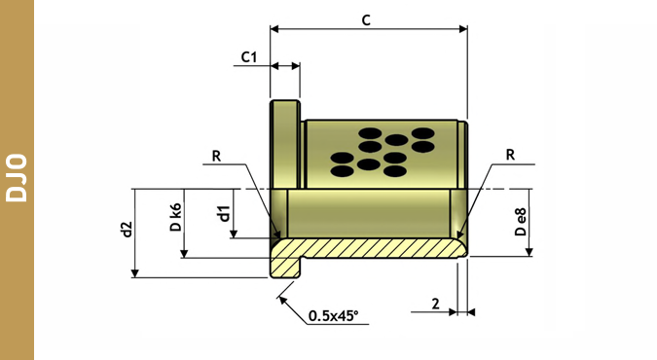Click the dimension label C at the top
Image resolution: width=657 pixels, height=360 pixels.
coord(366,19)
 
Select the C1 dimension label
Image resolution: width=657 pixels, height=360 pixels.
coord(249,56)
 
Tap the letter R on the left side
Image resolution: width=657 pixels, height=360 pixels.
coord(216,156)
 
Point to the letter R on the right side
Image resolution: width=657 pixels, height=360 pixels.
coord(510,155)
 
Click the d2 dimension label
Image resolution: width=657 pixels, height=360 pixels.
coord(127,230)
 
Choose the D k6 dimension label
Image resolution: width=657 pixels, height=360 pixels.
coord(176,217)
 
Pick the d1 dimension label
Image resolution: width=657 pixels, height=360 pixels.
coord(224,213)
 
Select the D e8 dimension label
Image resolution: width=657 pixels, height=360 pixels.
coord(521,222)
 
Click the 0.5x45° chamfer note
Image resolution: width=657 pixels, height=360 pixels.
coord(334,315)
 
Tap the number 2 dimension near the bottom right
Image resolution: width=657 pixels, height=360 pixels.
coord(436,304)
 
